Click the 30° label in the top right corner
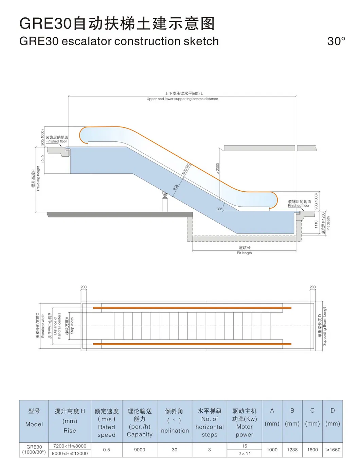(336, 41)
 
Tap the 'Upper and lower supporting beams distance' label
(182, 99)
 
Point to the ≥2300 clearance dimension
(218, 169)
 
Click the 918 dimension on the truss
(176, 187)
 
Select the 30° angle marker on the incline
(219, 209)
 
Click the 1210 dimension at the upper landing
(43, 159)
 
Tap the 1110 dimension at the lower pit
(316, 224)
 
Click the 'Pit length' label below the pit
(244, 253)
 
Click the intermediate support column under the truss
(165, 204)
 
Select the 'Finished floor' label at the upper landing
(56, 141)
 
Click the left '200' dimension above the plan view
(84, 287)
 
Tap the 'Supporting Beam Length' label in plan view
(324, 326)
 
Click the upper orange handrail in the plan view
(192, 308)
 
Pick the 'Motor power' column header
(244, 422)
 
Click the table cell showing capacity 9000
(139, 450)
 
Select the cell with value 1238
(292, 450)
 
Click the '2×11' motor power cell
(244, 453)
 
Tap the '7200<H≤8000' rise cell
(70, 446)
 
